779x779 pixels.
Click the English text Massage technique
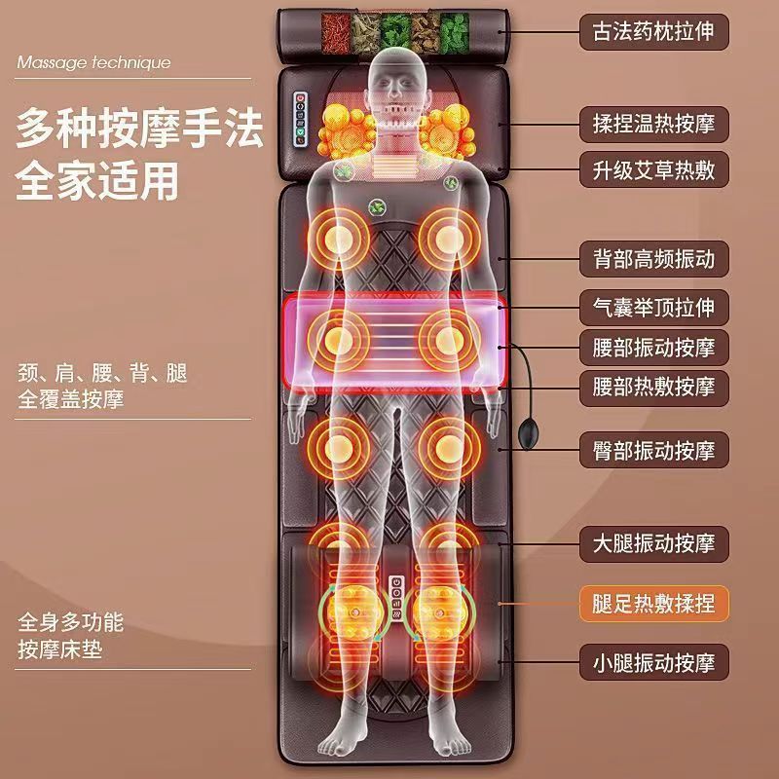(x=93, y=63)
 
